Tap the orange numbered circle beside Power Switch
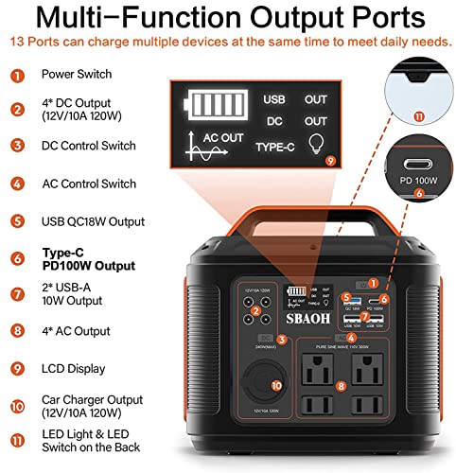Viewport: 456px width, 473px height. (16, 74)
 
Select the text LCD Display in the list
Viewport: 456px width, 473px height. (74, 368)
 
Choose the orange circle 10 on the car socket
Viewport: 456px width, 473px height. (276, 385)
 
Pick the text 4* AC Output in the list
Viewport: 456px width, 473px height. (76, 331)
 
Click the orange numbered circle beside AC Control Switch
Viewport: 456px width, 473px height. (16, 184)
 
